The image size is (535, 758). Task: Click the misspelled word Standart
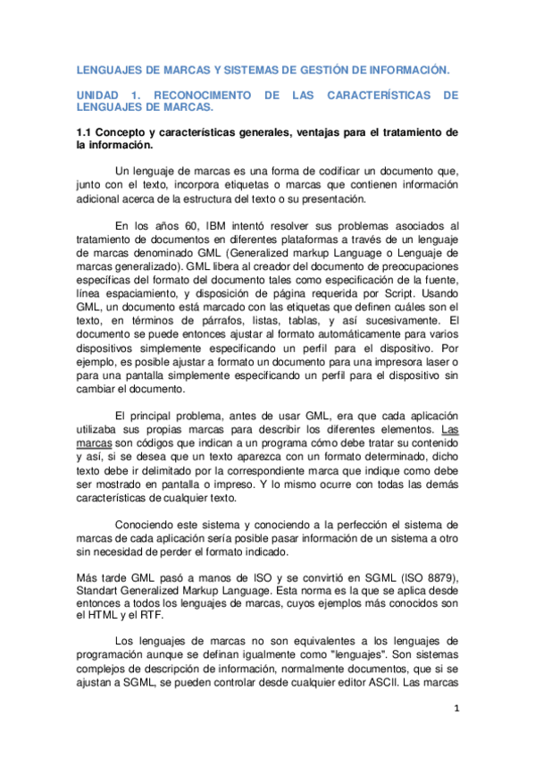tap(101, 591)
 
